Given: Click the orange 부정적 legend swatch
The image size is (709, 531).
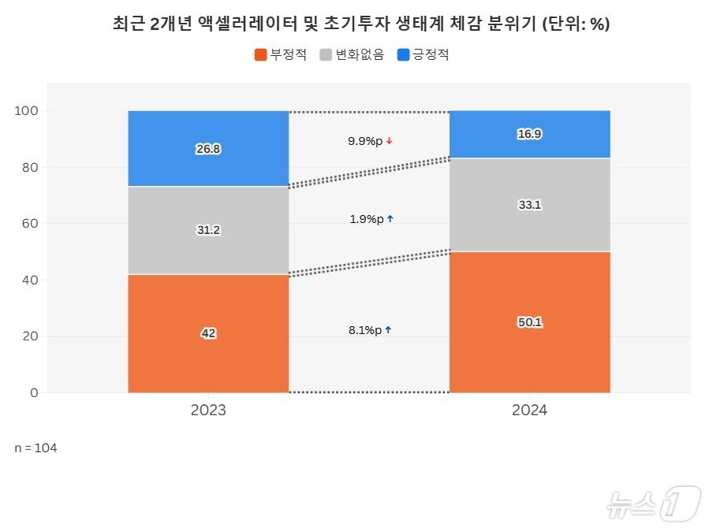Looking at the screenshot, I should coord(261,55).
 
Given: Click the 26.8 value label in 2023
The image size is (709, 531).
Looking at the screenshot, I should coord(208,149).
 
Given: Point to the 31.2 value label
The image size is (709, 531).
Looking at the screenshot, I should coord(208,230).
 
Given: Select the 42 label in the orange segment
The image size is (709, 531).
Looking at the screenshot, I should coord(208,333).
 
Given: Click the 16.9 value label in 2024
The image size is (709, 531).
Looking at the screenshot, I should coord(529,134).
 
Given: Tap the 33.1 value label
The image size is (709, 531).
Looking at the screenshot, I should coord(529,205).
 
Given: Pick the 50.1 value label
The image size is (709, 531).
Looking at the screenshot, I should coord(529,322).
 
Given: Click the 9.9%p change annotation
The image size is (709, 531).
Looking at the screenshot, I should coord(365,141).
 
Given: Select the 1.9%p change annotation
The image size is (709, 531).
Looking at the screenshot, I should coord(365,219).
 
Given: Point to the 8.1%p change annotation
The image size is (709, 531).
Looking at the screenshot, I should coord(365,330).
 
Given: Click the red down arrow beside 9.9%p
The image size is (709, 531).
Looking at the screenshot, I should coord(390,141).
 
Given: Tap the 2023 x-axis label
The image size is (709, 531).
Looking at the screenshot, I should coord(208,410).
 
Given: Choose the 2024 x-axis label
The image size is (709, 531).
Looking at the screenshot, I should coord(529,410).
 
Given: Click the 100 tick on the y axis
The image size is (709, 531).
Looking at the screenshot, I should coord(26,111).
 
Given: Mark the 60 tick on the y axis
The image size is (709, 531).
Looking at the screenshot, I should coord(29,224).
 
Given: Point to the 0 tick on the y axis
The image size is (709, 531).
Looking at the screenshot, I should coord(33,392).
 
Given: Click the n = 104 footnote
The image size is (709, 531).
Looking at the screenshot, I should coord(35,447).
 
